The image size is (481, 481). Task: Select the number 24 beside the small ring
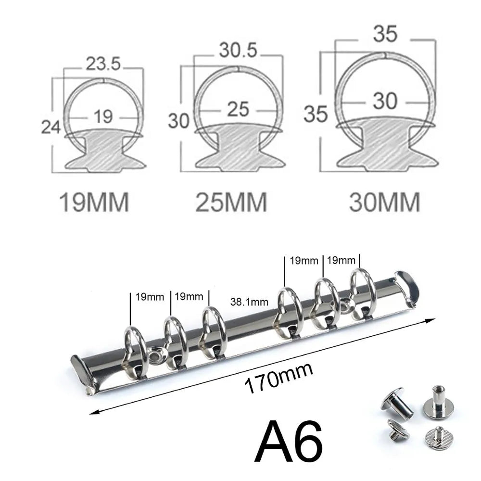coord(51,127)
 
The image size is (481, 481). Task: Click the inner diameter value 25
coord(238,109)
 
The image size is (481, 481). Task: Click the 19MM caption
coord(94,203)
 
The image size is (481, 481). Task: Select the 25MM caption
coord(231,203)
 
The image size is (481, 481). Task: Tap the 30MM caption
coord(384,203)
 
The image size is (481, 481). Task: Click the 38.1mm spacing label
coord(250,302)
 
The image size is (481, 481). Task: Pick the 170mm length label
coord(279,378)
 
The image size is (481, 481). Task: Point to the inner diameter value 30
coord(385,101)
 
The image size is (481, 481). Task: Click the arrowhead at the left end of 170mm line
coord(94,412)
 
